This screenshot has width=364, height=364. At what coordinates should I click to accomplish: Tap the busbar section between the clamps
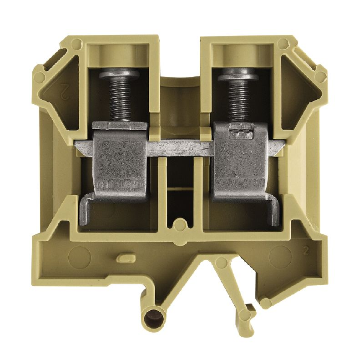click(x=180, y=148)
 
